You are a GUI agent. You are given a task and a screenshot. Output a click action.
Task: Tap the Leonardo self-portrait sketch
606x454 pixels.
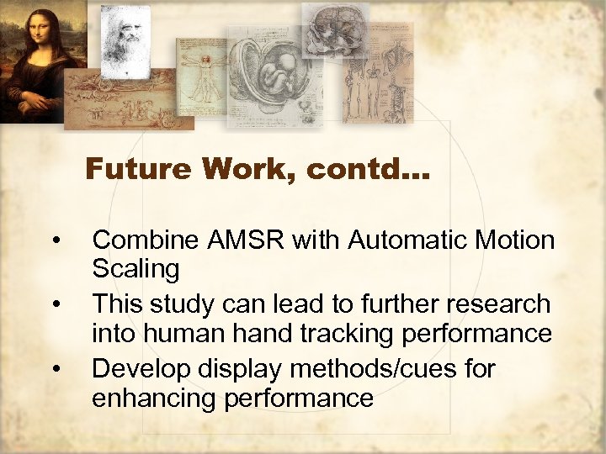pyautogui.click(x=126, y=38)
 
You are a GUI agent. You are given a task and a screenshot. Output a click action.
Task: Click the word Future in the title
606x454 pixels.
pyautogui.click(x=140, y=169)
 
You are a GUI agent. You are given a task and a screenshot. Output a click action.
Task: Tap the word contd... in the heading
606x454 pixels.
pyautogui.click(x=367, y=169)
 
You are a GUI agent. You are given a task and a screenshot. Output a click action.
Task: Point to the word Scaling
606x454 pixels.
pyautogui.click(x=136, y=270)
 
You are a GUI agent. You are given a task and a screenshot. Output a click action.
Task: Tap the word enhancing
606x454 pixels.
pyautogui.click(x=156, y=397)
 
